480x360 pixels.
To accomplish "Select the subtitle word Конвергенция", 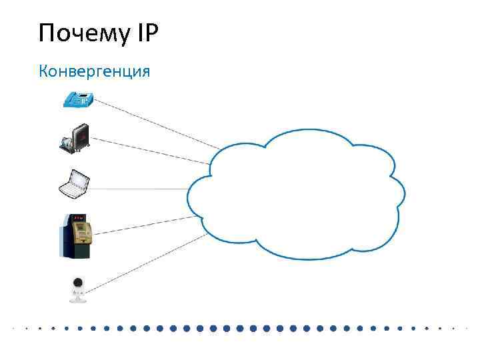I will [x=95, y=70].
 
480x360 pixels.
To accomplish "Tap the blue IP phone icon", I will [x=78, y=100].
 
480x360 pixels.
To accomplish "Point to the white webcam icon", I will [x=78, y=289].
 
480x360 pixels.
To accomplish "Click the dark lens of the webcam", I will [x=79, y=284].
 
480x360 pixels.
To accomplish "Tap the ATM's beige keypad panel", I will [x=82, y=231].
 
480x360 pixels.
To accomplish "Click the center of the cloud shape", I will [x=297, y=193].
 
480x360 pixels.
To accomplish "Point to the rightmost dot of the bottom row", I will [x=466, y=329].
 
